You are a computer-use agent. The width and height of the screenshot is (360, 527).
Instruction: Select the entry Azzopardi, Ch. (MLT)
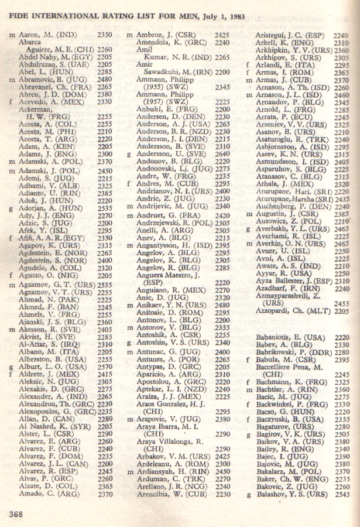click(288, 312)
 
